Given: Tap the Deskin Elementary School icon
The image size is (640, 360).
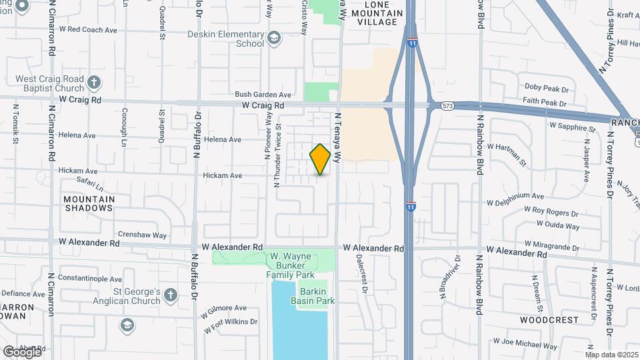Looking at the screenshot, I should point(274,39).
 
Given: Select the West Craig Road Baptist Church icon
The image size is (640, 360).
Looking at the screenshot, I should point(95,83).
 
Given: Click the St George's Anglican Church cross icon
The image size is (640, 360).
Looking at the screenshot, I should point(171,294).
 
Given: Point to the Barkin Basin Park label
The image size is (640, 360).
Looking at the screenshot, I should point(312,296).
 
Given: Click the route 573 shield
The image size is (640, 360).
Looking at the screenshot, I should point(447,105).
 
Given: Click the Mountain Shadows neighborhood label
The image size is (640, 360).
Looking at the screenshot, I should point(89,203).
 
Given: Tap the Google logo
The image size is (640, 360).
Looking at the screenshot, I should point(22,351).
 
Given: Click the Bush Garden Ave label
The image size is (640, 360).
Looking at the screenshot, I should point(263,95).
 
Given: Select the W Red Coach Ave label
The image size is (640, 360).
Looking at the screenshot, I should point(88,30).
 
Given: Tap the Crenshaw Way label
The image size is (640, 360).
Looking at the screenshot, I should point(142,235).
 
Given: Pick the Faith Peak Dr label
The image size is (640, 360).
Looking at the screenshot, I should point(545,104).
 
